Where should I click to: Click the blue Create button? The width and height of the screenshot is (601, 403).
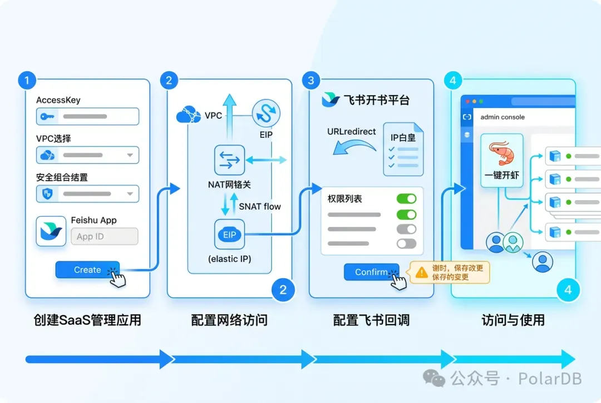(x=87, y=270)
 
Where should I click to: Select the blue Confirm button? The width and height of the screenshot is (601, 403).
(x=371, y=272)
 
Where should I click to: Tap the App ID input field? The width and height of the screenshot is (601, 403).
(x=104, y=236)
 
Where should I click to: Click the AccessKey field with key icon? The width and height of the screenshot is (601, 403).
(x=87, y=117)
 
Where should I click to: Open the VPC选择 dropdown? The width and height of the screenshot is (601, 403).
(x=87, y=155)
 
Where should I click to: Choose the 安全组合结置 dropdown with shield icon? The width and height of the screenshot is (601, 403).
(x=87, y=193)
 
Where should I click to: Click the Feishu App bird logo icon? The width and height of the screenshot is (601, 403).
(x=51, y=231)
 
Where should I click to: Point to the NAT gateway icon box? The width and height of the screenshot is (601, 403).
(x=229, y=160)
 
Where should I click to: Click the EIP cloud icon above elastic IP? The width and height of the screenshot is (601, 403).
(x=229, y=235)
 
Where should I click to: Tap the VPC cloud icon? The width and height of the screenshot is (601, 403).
(x=188, y=116)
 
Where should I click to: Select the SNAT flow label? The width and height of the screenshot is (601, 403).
(x=260, y=206)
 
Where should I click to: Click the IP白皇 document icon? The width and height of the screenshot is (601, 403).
(x=403, y=149)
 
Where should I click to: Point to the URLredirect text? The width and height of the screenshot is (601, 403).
(x=351, y=132)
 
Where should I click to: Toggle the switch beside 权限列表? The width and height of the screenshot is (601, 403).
(x=406, y=199)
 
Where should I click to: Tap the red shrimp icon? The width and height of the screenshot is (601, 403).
(x=502, y=153)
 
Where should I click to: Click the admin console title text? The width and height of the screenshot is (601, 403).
(x=503, y=117)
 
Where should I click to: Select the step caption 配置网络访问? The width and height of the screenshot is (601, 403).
(x=229, y=320)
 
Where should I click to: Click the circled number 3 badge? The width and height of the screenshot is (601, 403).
(x=311, y=81)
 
